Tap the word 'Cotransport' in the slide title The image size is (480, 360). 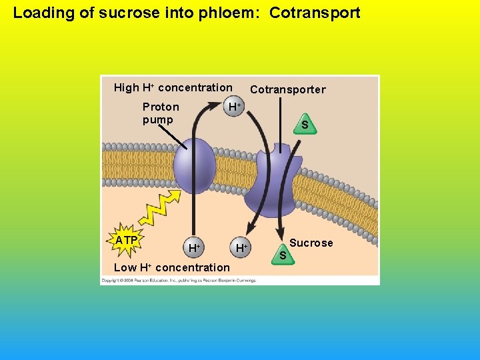(315, 13)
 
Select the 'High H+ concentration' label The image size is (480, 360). (173, 87)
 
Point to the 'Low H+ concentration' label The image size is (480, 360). (172, 267)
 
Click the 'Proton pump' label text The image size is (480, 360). (161, 113)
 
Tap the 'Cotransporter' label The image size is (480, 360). (288, 89)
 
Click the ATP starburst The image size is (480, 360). (126, 241)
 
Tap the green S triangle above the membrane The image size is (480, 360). (304, 125)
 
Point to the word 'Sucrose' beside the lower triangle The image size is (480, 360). (311, 243)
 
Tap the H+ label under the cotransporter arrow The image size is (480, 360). (241, 248)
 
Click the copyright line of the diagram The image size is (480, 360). (179, 281)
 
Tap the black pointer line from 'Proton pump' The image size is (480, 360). (175, 137)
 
